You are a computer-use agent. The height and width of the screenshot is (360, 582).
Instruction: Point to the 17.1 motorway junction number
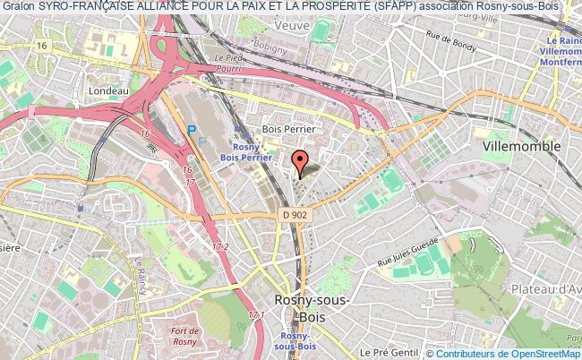click(x=256, y=316)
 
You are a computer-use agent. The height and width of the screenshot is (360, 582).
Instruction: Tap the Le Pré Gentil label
click(x=381, y=352)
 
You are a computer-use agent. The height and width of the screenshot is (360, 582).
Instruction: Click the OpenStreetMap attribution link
click(x=535, y=354)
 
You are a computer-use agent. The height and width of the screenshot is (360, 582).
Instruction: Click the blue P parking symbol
click(x=190, y=130)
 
